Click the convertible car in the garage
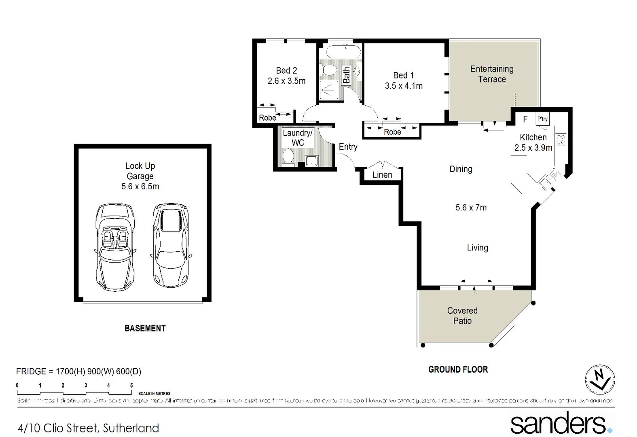coord(115,247)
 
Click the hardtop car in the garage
coord(171,245)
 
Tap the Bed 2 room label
coord(286,70)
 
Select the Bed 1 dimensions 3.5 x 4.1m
coord(404,86)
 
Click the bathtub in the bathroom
coord(343,52)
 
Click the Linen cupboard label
coord(382,175)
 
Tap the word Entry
coord(348,147)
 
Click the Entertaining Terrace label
coord(492,74)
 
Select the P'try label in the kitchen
coord(542,119)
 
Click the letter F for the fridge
coord(525,119)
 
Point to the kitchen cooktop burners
coord(561,140)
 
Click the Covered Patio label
coord(462,316)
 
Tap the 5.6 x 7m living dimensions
coord(471,208)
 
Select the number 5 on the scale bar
coord(131,385)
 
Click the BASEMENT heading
coord(145,328)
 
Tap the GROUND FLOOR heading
coord(458,369)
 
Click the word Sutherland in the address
coord(131,428)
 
